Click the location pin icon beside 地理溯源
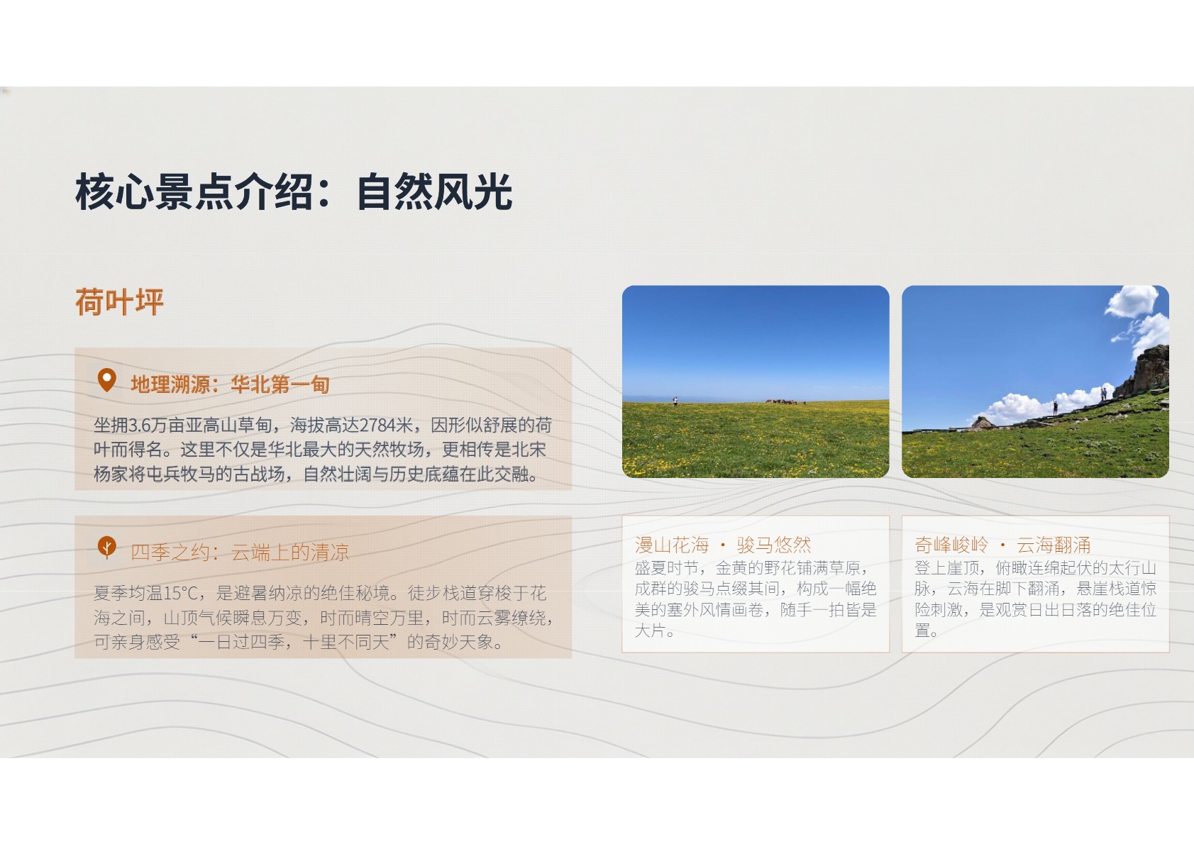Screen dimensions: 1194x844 [106, 380]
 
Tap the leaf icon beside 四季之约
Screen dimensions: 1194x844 [106, 548]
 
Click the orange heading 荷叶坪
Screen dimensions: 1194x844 [119, 301]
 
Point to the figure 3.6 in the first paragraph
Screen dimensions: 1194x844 [140, 426]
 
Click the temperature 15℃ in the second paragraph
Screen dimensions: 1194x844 [181, 593]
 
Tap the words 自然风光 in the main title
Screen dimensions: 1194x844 [434, 191]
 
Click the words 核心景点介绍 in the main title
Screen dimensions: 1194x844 [194, 191]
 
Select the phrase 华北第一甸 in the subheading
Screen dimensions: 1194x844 [280, 384]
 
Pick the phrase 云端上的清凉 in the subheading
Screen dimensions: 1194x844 [290, 552]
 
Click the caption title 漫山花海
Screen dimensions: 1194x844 [672, 545]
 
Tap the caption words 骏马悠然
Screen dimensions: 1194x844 [774, 545]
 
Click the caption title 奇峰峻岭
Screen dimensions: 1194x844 [951, 545]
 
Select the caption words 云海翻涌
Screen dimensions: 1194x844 [1054, 545]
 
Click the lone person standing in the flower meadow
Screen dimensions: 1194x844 [675, 401]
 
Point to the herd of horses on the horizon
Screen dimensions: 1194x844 [785, 401]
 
